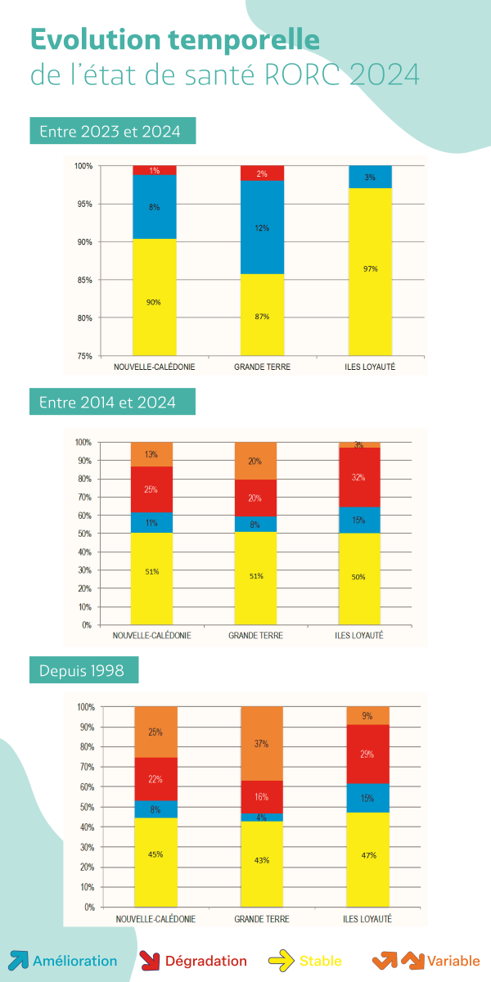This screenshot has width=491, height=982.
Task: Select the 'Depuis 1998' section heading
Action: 82,671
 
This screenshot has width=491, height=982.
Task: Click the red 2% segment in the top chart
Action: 262,173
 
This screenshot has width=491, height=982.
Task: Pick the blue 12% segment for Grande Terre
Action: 262,227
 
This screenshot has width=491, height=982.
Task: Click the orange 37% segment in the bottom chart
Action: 261,744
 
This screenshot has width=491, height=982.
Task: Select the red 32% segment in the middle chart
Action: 359,477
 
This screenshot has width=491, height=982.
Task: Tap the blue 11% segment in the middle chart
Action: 151,522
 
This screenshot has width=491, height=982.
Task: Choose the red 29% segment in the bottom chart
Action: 367,754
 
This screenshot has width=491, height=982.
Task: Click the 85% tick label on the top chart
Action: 83,280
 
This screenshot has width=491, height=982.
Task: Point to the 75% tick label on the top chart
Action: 83,356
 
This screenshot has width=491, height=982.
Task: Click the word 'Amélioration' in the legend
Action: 75,961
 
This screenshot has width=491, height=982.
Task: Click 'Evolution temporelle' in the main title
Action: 175,39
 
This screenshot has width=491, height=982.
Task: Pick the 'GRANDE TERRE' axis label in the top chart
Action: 262,367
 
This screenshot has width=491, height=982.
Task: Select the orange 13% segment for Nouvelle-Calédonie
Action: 151,454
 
